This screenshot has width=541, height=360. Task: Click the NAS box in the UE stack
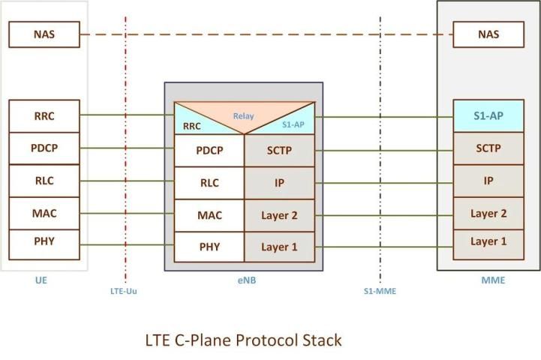click(44, 34)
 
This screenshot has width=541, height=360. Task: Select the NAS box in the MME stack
click(488, 34)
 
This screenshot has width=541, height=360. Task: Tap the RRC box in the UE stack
click(44, 115)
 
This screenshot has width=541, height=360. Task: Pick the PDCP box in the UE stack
click(44, 148)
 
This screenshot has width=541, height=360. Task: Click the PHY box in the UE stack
click(44, 241)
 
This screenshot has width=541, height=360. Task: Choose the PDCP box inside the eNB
click(209, 151)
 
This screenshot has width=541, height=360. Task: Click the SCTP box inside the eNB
click(280, 151)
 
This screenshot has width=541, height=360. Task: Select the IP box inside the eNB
click(280, 183)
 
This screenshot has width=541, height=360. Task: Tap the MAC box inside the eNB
click(209, 215)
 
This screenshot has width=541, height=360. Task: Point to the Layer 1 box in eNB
click(280, 247)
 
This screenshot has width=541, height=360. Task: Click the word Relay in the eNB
click(243, 116)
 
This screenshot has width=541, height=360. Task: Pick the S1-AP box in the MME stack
click(488, 116)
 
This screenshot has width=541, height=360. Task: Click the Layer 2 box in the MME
click(488, 214)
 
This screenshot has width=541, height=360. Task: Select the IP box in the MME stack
click(488, 181)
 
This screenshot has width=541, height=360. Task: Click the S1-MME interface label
click(380, 291)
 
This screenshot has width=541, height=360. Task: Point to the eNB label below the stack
click(244, 281)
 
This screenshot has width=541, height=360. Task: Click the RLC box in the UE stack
click(44, 180)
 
